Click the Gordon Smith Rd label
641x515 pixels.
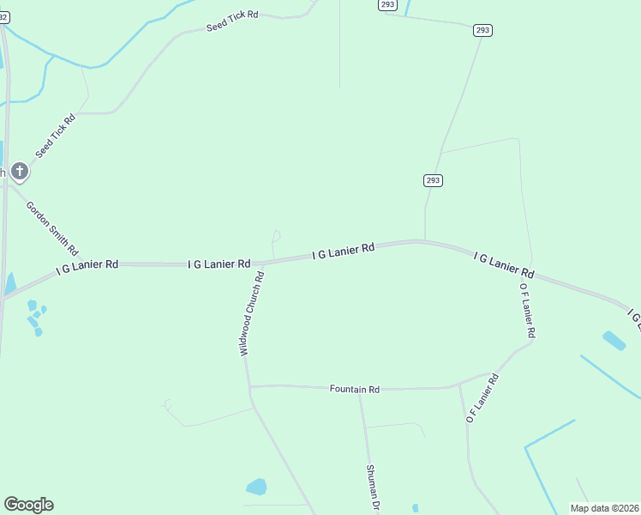coord(52,229)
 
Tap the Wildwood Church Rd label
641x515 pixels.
coord(250,313)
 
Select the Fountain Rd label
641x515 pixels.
coord(354,389)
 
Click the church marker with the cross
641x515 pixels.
coord(20,172)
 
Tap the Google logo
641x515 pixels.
coord(28,505)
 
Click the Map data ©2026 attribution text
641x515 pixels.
coord(604,508)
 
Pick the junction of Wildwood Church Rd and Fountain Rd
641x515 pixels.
coord(249,387)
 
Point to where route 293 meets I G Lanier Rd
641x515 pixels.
coord(425,241)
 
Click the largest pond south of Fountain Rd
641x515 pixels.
coord(256,488)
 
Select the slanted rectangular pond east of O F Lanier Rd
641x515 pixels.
coord(614,341)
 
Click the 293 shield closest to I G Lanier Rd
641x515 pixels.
coord(433,180)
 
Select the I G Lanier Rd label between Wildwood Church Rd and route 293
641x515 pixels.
coord(344,251)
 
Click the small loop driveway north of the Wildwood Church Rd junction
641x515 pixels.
coord(276,236)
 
